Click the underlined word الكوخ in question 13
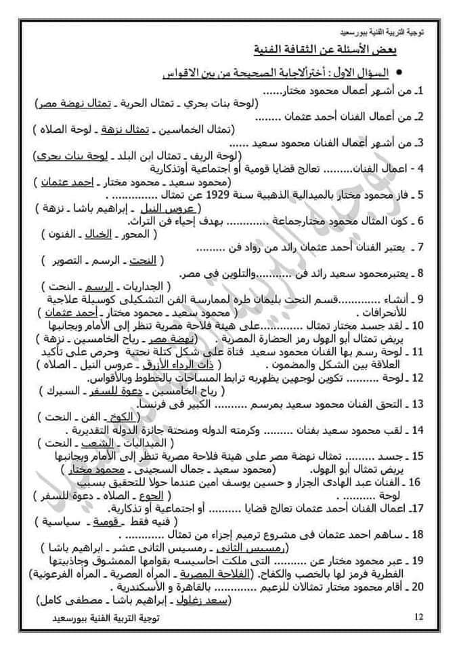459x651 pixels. click(144, 417)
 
